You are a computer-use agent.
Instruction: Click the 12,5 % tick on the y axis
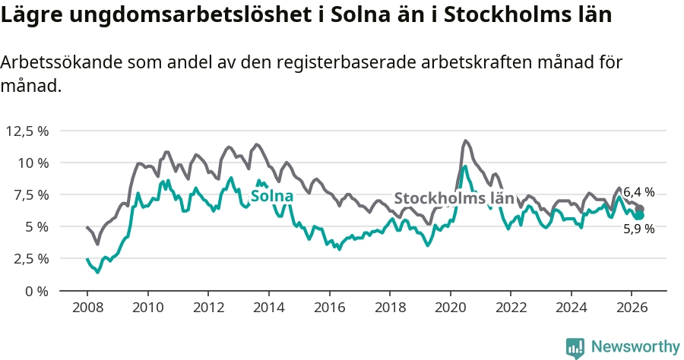coord(27,131)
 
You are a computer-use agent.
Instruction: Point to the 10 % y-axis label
coord(32,163)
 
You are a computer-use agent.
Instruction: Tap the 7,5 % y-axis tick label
coord(30,195)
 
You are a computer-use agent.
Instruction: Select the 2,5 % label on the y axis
coord(30,259)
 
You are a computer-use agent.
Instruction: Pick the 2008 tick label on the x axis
coord(87,308)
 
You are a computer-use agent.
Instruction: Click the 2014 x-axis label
coord(269,308)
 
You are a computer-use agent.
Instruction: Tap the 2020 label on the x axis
coord(451,308)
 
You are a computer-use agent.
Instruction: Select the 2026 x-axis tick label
coord(632,308)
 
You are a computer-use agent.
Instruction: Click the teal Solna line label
coord(272,196)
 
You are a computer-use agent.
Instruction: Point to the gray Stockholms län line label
coord(454,198)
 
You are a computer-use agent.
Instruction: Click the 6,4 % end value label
coord(639,191)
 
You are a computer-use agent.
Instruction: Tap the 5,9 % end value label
coord(639,229)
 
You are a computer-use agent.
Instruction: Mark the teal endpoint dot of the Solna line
coord(639,215)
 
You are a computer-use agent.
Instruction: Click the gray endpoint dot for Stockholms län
coord(640,209)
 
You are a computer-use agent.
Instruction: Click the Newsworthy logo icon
coord(575,348)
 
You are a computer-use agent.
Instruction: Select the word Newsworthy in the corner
coord(635,347)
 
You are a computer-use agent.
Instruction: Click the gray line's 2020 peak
coord(465,141)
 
